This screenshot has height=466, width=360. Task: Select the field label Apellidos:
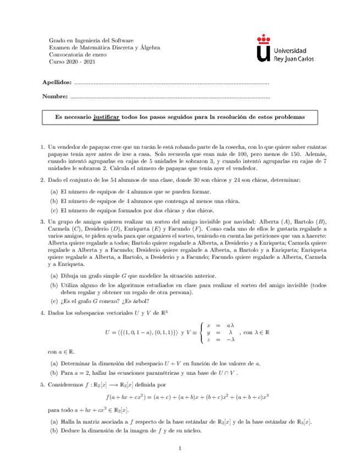57,82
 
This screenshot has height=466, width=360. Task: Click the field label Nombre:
55,97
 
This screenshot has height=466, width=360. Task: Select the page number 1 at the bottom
180,449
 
